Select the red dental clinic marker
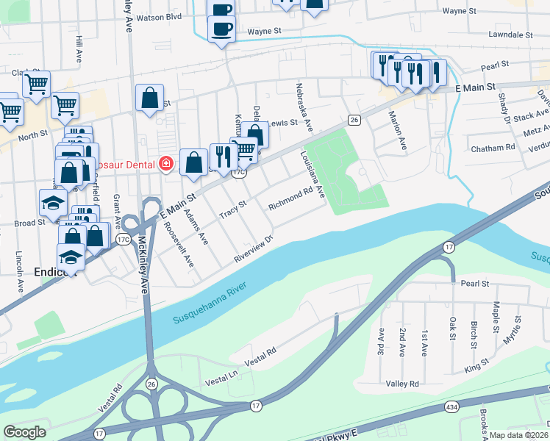(167, 162)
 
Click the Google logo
(25, 431)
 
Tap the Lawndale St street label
(510, 35)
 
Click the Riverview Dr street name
(254, 248)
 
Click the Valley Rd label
(402, 384)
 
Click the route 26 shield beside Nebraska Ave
(354, 120)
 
